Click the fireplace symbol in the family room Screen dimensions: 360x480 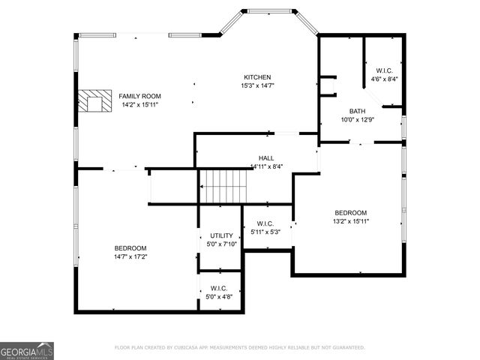pyautogui.click(x=94, y=101)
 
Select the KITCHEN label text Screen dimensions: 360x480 pyautogui.click(x=257, y=77)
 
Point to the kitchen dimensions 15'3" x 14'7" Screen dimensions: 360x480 pyautogui.click(x=257, y=86)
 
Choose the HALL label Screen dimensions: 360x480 pyautogui.click(x=266, y=157)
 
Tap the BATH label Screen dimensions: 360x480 pyautogui.click(x=356, y=110)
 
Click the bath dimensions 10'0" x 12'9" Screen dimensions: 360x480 pyautogui.click(x=356, y=119)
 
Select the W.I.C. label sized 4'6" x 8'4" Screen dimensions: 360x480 pyautogui.click(x=384, y=70)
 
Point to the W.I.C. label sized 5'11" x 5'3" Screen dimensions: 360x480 pyautogui.click(x=265, y=223)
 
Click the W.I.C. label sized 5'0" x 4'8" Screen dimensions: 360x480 pyautogui.click(x=219, y=288)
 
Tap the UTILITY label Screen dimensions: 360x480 pyautogui.click(x=220, y=235)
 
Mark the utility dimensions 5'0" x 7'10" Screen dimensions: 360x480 pyautogui.click(x=220, y=244)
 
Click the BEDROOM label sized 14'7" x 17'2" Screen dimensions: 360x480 pyautogui.click(x=130, y=248)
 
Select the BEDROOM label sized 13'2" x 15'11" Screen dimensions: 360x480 pyautogui.click(x=350, y=212)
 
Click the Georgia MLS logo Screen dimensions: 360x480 pyautogui.click(x=27, y=351)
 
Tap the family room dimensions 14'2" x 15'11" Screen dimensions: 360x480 pyautogui.click(x=140, y=105)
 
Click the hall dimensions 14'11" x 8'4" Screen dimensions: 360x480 pyautogui.click(x=266, y=166)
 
